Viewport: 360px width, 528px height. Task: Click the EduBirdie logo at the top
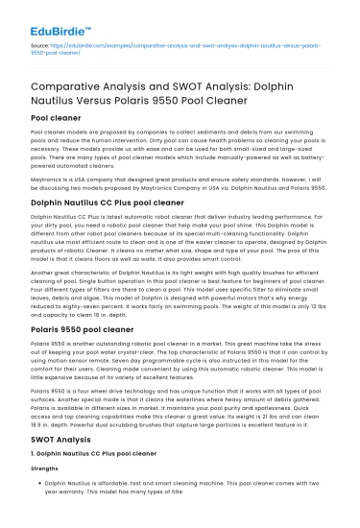click(51, 14)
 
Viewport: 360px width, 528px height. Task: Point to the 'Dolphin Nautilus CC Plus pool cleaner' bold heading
click(108, 204)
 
